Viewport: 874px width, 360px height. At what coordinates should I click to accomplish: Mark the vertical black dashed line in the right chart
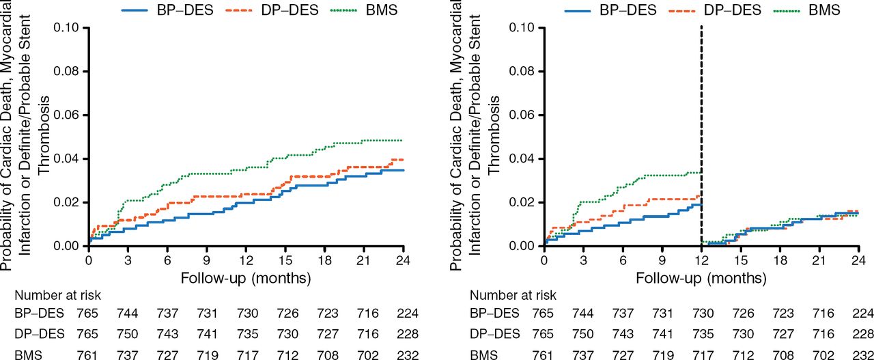click(x=701, y=137)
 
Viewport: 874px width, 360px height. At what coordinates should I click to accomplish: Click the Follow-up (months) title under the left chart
click(x=246, y=278)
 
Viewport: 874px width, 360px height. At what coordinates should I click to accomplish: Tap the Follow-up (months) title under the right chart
click(x=701, y=278)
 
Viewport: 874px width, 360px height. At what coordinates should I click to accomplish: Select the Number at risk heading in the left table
click(x=57, y=296)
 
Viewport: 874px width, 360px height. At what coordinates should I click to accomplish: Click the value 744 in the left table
click(x=128, y=314)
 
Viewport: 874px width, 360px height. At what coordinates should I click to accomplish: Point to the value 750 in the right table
click(x=583, y=333)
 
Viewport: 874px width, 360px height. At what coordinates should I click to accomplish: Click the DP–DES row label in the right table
click(x=494, y=333)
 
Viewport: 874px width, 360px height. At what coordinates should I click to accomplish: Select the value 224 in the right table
click(x=861, y=314)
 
